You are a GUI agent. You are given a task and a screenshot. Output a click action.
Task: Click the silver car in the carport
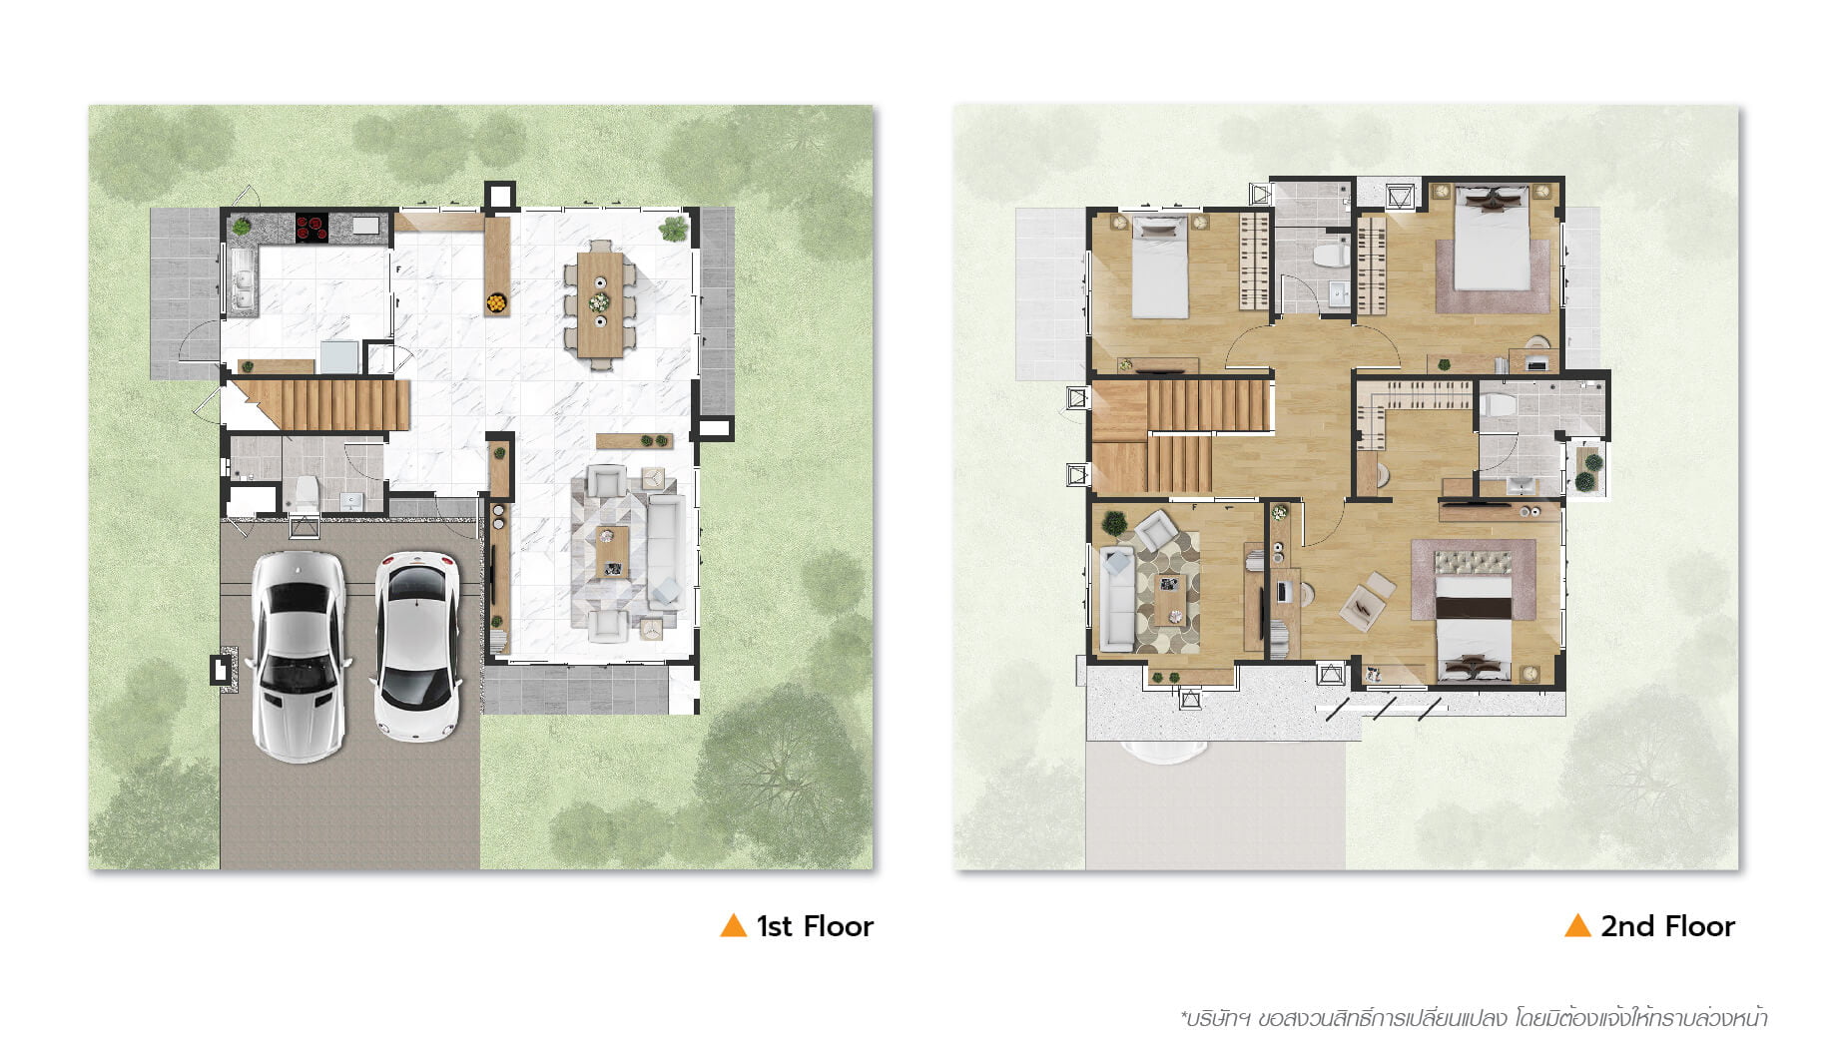pos(298,656)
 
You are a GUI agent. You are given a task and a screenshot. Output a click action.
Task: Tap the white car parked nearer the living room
pos(417,647)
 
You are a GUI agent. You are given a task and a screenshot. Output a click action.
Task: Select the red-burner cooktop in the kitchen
pos(311,228)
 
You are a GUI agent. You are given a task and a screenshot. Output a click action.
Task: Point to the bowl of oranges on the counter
pos(496,300)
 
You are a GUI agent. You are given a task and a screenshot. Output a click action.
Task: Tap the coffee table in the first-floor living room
pos(612,552)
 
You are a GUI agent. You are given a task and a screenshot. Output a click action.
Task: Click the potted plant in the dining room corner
pos(674,229)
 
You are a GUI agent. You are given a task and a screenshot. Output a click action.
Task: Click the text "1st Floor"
pos(815,926)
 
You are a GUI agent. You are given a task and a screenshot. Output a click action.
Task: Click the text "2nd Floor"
pos(1667,926)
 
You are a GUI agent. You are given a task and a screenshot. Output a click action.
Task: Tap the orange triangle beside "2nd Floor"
pos(1577,925)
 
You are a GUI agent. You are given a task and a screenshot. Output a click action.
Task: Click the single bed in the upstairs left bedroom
pos(1159,266)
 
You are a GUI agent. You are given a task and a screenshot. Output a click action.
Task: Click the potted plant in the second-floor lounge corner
pos(1115,522)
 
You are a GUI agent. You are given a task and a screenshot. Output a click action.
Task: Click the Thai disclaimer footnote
pos(1474,1019)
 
